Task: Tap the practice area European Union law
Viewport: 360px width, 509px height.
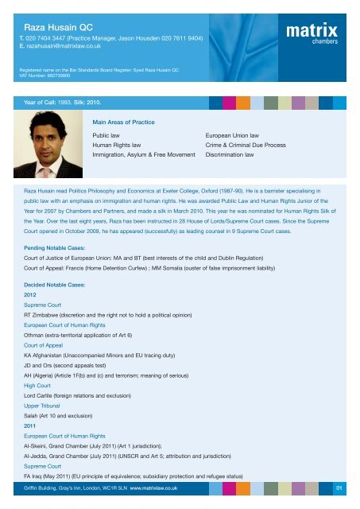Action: [234, 136]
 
